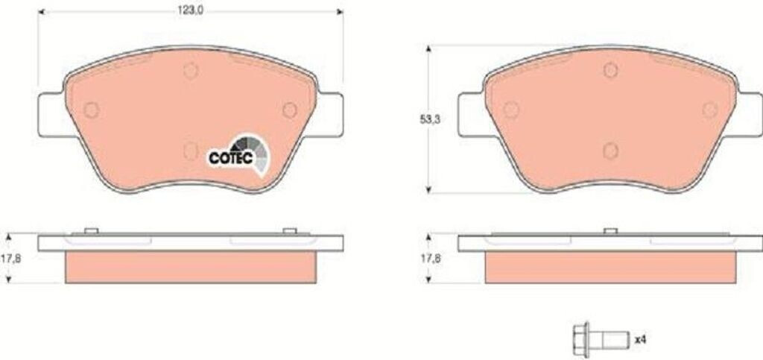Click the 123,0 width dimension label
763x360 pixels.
191,11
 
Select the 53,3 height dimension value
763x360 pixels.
430,120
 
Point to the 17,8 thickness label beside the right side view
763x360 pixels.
430,259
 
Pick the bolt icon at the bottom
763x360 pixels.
598,340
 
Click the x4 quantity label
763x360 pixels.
640,340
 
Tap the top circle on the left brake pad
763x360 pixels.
191,71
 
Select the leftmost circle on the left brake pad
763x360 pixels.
91,110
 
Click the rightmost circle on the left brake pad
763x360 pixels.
290,110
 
